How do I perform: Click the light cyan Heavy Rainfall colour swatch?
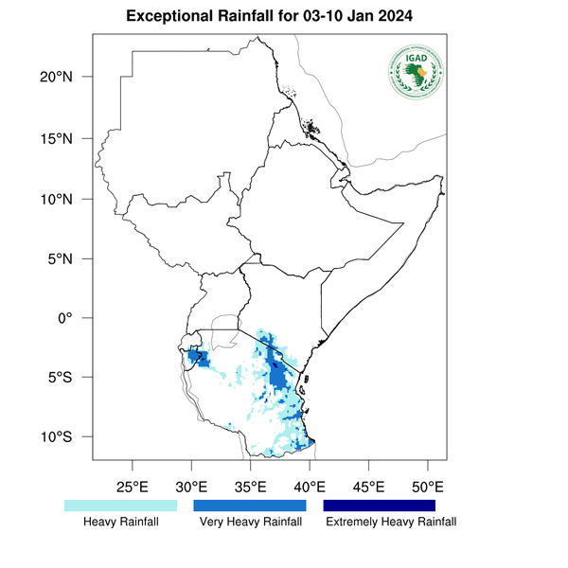(120, 506)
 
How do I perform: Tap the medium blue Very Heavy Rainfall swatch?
(250, 506)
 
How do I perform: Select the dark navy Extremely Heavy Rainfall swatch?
(380, 506)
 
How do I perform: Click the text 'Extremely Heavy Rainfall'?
(390, 522)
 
